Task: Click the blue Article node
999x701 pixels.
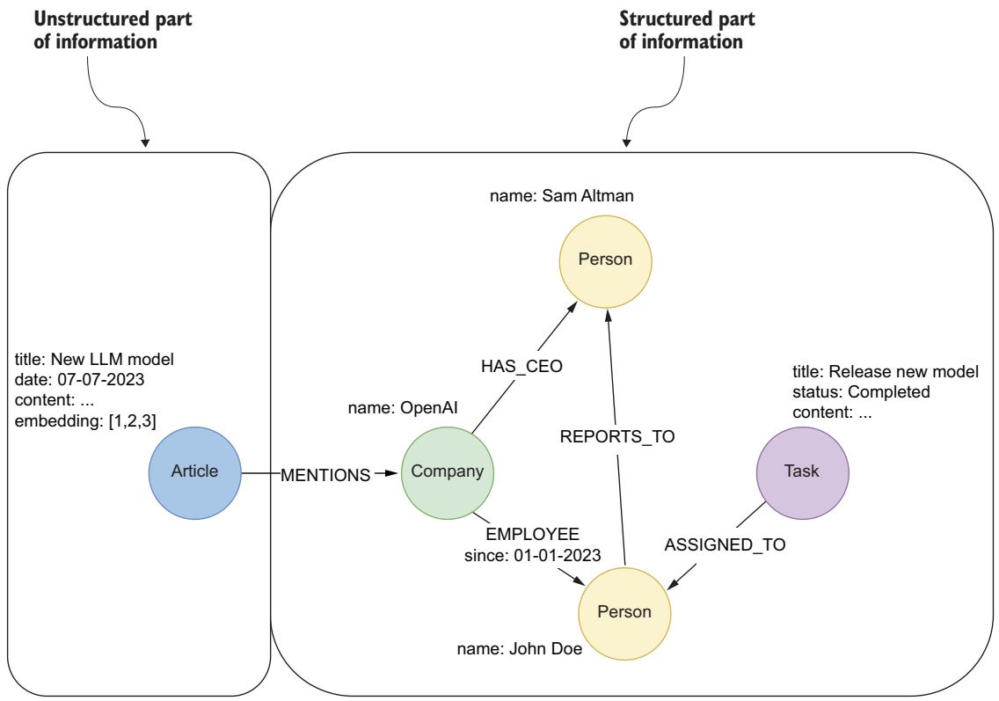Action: click(193, 471)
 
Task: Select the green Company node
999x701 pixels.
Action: click(448, 471)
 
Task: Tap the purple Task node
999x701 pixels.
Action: click(802, 471)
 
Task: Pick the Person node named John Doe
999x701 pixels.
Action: click(623, 610)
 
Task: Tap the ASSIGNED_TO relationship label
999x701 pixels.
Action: click(725, 544)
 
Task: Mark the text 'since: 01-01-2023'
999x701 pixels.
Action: click(533, 555)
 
